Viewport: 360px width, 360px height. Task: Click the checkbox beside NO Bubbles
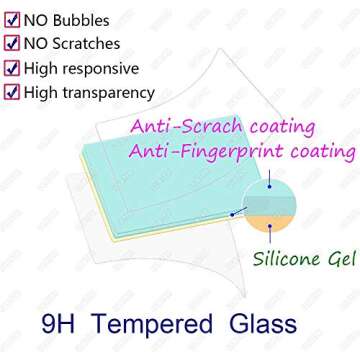coord(12,19)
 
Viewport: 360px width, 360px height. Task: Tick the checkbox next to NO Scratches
coord(12,43)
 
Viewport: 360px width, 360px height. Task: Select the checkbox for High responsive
coord(12,68)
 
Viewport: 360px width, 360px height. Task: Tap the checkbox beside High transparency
coord(12,92)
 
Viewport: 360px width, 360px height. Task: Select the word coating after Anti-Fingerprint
coord(320,152)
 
